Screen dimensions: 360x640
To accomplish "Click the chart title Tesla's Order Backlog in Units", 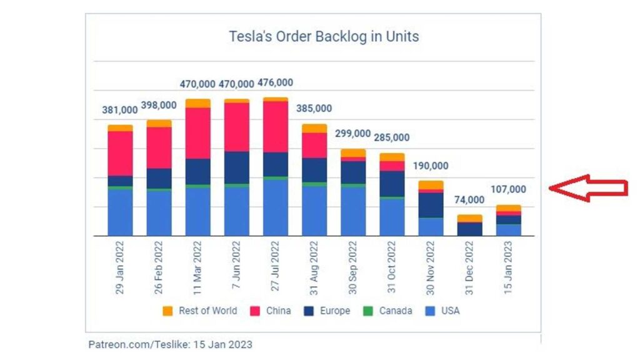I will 323,37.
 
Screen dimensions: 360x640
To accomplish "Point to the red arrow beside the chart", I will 587,187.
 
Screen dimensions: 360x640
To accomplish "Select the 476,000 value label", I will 274,82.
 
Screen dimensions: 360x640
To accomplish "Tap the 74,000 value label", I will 469,199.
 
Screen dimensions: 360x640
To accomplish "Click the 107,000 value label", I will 509,189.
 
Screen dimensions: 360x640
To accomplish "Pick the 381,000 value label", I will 119,110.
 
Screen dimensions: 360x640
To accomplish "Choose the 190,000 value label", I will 431,166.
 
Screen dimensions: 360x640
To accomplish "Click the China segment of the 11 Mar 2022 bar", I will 197,133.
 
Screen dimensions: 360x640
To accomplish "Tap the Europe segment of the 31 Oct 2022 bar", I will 392,184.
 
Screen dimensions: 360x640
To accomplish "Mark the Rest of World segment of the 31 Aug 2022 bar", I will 314,128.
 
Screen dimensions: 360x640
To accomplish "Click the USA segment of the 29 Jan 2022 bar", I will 120,212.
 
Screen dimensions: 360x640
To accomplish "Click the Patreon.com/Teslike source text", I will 171,344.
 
